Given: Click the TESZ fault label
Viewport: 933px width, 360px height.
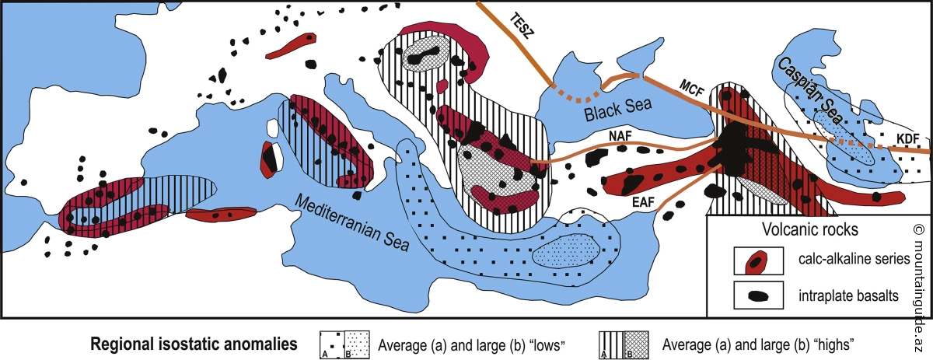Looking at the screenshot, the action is coord(521,26).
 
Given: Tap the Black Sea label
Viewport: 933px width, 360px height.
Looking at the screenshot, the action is coord(618,108).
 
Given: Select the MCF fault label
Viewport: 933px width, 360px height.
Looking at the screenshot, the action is coord(692,88).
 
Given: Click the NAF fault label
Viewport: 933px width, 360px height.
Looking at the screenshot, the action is coord(620,136).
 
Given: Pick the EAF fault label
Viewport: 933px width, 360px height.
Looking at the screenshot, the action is coord(644,203).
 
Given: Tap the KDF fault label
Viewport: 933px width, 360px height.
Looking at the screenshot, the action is coord(907,138).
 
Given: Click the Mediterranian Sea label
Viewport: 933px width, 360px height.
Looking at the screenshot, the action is coord(352,223).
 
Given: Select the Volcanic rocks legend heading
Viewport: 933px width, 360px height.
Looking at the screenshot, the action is coord(810,229).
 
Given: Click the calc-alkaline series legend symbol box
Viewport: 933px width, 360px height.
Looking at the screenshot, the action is coord(759,260).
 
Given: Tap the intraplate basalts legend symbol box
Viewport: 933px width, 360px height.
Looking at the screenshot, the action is coord(759,295).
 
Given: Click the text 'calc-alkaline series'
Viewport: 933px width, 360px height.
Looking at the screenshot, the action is coord(854,259).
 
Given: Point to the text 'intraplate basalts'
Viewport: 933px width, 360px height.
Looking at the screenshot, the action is coord(848,295).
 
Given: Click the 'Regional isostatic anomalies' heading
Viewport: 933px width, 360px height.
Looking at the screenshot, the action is coord(194,344).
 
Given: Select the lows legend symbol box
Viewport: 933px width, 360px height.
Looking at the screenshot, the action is coord(344,344).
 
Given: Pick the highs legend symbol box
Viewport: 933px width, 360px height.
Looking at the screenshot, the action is coord(624,344).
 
